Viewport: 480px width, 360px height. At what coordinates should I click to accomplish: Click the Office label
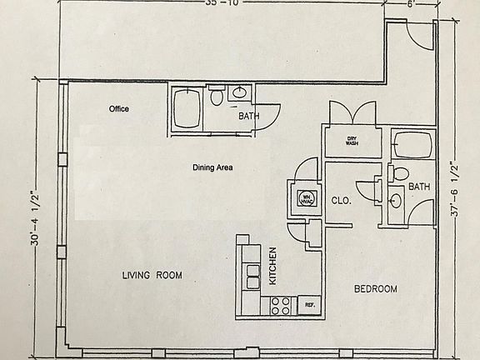pos(119,109)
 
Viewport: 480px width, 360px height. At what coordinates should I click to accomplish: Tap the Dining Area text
pos(212,167)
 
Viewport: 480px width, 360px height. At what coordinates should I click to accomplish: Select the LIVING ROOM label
pos(152,275)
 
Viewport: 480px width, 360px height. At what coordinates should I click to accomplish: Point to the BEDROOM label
pos(375,289)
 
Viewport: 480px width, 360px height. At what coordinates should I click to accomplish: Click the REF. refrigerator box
pos(308,306)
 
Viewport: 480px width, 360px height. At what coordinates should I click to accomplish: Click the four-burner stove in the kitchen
pos(279,306)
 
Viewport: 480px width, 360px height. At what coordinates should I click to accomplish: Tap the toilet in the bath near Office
pos(217,98)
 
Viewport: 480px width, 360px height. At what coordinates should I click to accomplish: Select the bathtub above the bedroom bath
pos(412,147)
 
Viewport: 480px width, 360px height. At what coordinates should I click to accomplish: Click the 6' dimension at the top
pos(409,4)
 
